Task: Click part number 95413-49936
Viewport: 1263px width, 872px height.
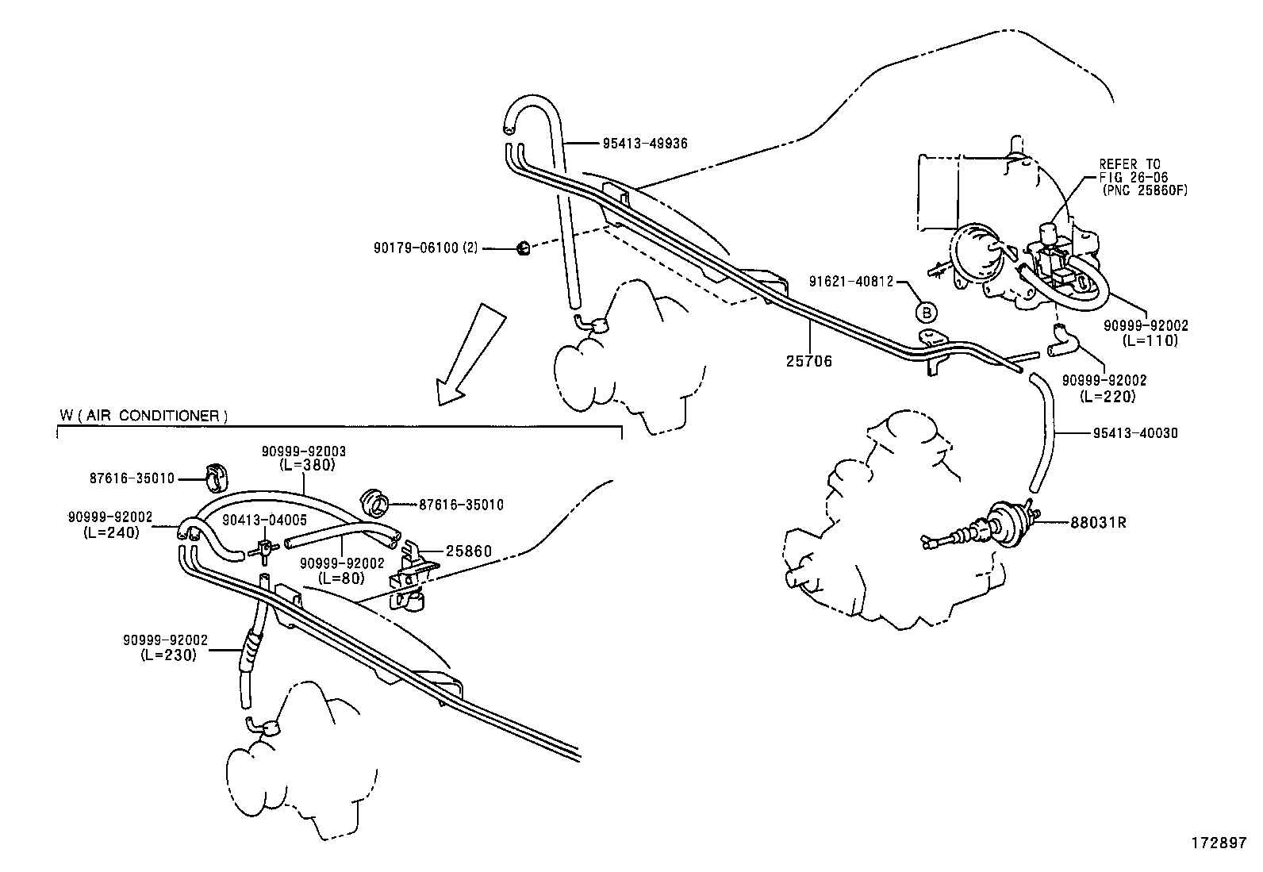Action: [644, 144]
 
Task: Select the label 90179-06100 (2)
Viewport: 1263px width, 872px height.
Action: [426, 248]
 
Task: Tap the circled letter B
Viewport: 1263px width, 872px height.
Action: [927, 311]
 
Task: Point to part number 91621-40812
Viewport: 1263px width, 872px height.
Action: [851, 281]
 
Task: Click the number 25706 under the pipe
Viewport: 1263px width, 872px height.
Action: [809, 361]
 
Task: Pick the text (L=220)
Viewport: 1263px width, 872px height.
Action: [1108, 395]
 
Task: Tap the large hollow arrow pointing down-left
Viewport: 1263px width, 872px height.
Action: [470, 352]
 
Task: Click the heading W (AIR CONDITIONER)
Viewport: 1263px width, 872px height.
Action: [144, 416]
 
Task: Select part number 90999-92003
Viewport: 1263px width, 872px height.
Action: [304, 451]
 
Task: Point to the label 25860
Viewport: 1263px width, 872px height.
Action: [469, 551]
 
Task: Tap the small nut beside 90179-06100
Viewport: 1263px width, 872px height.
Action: [523, 248]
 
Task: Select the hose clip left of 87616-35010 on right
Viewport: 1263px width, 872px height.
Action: [375, 503]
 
